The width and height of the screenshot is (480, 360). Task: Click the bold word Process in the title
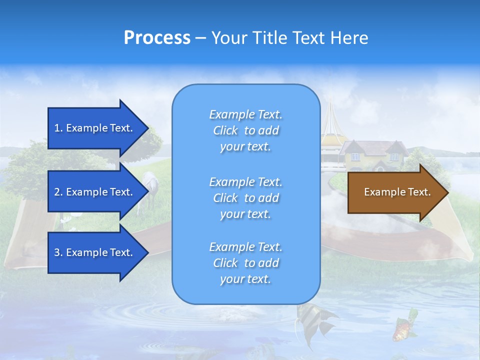point(157,38)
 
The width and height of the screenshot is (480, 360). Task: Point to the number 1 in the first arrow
point(56,128)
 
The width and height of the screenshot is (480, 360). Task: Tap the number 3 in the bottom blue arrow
point(57,252)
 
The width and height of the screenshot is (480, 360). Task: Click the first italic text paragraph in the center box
point(245,130)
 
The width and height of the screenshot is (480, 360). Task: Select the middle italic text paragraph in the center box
point(245,198)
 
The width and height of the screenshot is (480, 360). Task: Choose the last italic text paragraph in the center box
point(245,263)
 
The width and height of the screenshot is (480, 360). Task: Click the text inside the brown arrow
point(397,192)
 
